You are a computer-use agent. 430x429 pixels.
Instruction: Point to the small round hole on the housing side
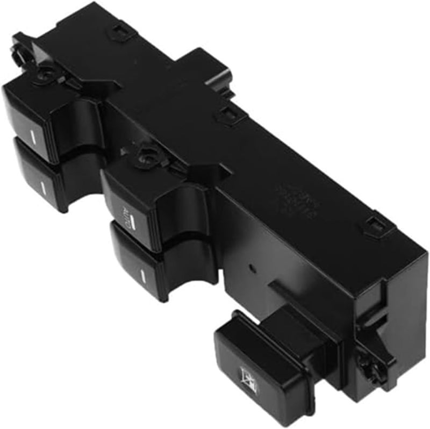pyautogui.click(x=250, y=267)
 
